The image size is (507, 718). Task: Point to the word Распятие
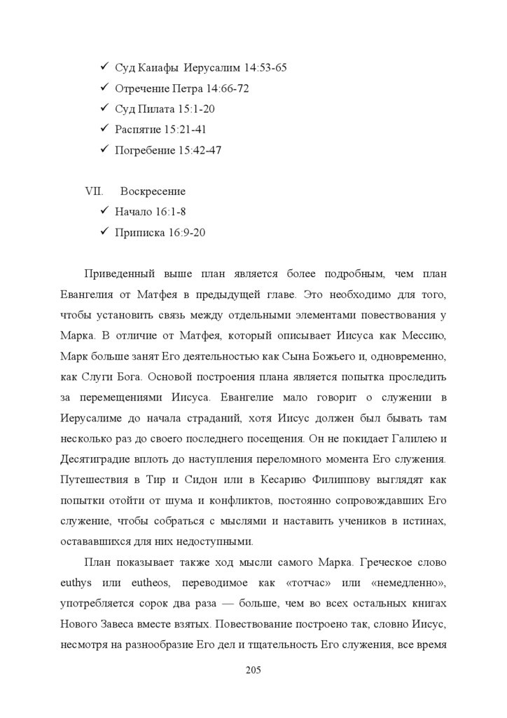tap(137, 129)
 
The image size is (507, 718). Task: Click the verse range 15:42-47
tap(199, 149)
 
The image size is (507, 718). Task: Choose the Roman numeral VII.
tap(93, 191)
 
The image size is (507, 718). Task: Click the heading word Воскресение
tap(153, 191)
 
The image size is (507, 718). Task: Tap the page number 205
tap(253, 671)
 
